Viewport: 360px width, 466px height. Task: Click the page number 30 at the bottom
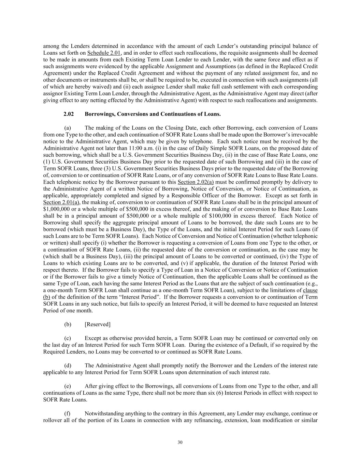pyautogui.click(x=180, y=442)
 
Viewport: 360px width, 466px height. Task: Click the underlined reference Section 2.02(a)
pyautogui.click(x=196, y=182)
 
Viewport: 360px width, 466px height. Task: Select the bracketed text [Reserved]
pyautogui.click(x=98, y=324)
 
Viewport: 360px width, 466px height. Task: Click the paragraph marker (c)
pyautogui.click(x=68, y=338)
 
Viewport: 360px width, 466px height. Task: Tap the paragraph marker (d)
pyautogui.click(x=68, y=366)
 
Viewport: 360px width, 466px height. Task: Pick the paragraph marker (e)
pyautogui.click(x=68, y=386)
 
